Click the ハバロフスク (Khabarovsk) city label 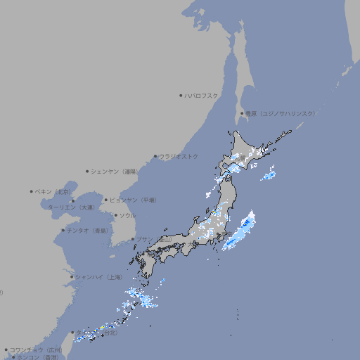pyautogui.click(x=202, y=95)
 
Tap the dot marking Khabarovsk pyautogui.click(x=181, y=95)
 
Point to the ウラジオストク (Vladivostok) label pyautogui.click(x=179, y=156)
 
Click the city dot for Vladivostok pyautogui.click(x=155, y=156)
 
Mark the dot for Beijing pyautogui.click(x=32, y=191)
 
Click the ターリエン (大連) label pyautogui.click(x=71, y=207)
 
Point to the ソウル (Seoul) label pyautogui.click(x=127, y=215)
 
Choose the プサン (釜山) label pyautogui.click(x=154, y=240)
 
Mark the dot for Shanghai pyautogui.click(x=72, y=277)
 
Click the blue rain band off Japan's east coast pyautogui.click(x=240, y=231)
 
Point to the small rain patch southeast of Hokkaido pyautogui.click(x=268, y=175)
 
